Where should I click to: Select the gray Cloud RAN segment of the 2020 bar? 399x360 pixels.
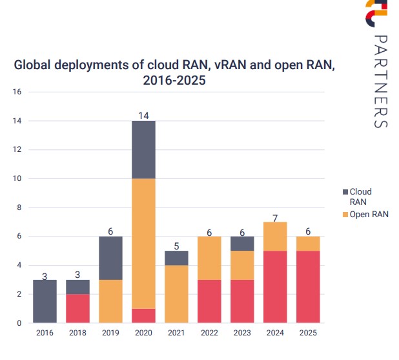tap(143, 149)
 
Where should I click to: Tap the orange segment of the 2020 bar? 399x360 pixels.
tap(143, 243)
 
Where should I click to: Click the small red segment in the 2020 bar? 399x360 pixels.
tap(143, 315)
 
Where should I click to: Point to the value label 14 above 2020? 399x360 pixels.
tap(143, 116)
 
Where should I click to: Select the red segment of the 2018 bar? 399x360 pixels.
tap(77, 308)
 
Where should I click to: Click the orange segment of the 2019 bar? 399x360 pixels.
tap(110, 301)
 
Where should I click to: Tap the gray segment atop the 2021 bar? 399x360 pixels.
tap(176, 258)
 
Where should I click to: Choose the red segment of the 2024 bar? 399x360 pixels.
tap(276, 286)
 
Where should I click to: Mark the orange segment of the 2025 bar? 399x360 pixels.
tap(309, 243)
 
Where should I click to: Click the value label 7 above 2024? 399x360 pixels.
tap(276, 217)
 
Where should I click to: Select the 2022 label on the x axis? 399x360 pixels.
tap(209, 333)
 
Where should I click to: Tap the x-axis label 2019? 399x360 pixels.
tap(110, 333)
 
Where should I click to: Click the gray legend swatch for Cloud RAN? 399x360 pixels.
tap(345, 192)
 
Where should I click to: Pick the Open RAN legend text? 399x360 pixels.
tap(369, 214)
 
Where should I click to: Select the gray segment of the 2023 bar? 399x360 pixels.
tap(242, 244)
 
